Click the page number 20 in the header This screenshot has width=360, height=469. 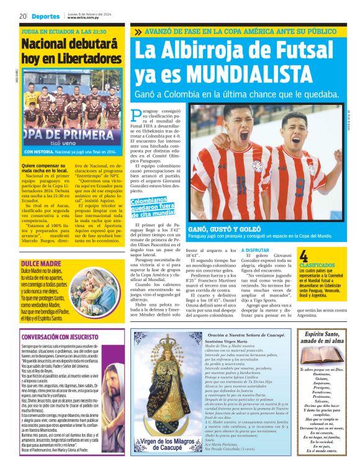[x=22, y=17]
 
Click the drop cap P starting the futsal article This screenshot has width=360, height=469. [x=137, y=115]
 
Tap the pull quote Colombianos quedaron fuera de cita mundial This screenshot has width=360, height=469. [x=152, y=207]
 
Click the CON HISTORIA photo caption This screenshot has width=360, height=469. [x=69, y=151]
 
